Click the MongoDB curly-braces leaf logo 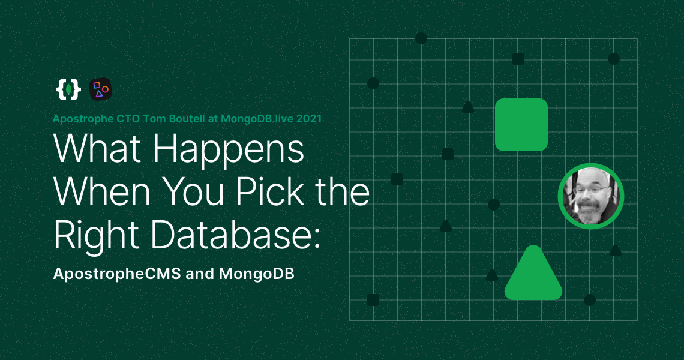[x=68, y=89]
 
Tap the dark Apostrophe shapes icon [x=100, y=89]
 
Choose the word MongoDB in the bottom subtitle [x=256, y=274]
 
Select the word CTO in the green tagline [x=117, y=119]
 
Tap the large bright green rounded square [x=521, y=124]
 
